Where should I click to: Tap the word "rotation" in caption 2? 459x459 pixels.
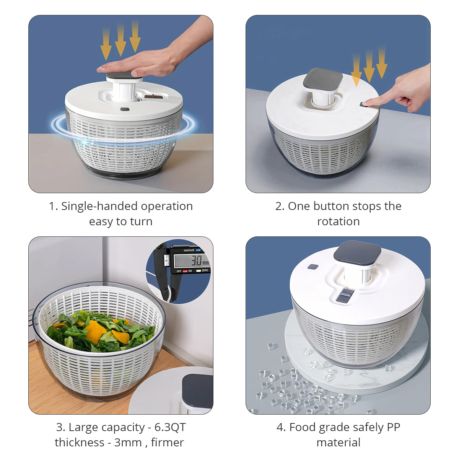[339, 221]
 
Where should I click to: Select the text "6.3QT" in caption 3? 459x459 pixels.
[170, 427]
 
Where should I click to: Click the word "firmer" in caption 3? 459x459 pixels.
[168, 443]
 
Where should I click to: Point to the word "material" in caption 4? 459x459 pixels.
[339, 443]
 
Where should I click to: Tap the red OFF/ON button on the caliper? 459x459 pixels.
[185, 271]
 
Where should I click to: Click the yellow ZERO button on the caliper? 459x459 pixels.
[199, 271]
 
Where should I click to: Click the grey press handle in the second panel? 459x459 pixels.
[323, 79]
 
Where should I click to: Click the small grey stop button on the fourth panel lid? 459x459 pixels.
[313, 267]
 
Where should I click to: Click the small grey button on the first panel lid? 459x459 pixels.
[125, 109]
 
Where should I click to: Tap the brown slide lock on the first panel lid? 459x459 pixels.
[154, 96]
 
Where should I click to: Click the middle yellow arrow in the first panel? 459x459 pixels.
[120, 41]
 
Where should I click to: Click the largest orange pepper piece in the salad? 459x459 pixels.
[95, 331]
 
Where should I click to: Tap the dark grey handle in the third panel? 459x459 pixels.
[197, 391]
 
